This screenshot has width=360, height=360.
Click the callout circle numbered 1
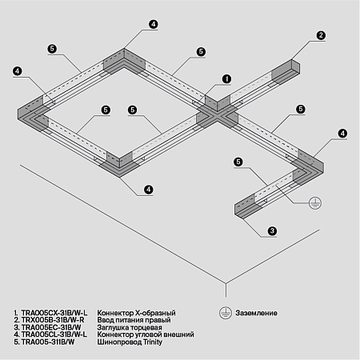226,79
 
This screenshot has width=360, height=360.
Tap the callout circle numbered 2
321,36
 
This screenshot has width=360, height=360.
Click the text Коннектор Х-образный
136,311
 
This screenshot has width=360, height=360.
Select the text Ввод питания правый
134,318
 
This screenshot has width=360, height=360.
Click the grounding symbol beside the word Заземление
227,311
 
